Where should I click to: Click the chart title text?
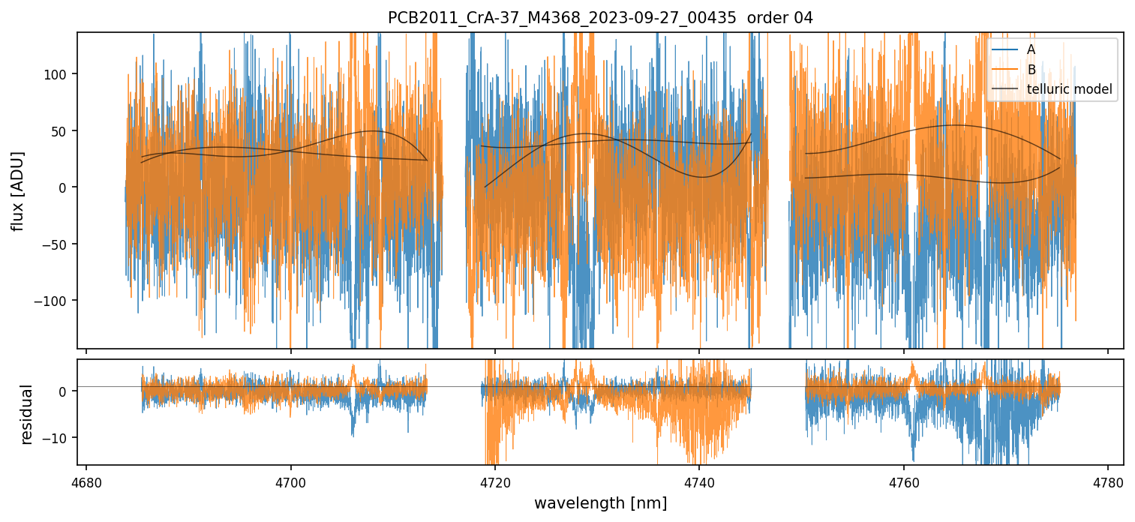600,18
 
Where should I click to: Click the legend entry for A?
1031,49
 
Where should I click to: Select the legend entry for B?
1031,70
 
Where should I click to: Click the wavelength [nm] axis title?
600,503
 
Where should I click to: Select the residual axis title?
27,414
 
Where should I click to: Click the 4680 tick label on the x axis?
86,481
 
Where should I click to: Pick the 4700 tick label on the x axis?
291,481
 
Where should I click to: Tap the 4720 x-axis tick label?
495,481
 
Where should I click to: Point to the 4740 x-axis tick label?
699,481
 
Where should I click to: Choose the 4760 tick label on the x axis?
904,481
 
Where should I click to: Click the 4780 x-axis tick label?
1108,481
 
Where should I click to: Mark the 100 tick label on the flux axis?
59,74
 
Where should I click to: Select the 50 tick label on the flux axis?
62,131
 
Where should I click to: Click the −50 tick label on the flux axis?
58,244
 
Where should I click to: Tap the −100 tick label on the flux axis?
55,301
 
